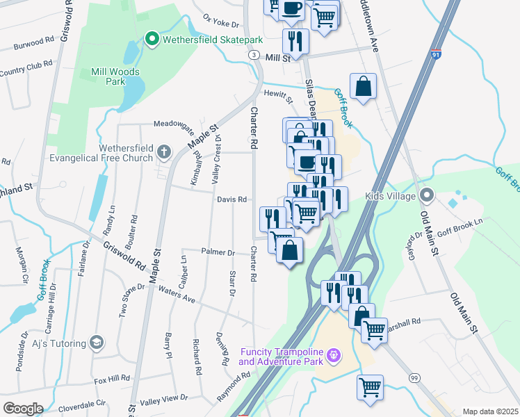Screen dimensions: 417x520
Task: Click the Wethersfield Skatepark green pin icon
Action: coord(152,40)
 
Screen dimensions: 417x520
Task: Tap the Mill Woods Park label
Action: coord(115,76)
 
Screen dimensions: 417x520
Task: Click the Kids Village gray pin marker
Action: coord(427,196)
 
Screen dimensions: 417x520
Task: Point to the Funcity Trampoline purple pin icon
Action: coord(334,356)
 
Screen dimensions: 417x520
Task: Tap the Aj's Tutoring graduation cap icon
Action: coord(97,343)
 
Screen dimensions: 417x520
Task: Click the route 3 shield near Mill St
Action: coord(255,55)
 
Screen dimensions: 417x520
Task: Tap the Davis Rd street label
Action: coord(231,199)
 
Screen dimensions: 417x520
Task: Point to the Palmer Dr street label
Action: coord(218,252)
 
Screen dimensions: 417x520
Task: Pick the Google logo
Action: coord(23,409)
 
